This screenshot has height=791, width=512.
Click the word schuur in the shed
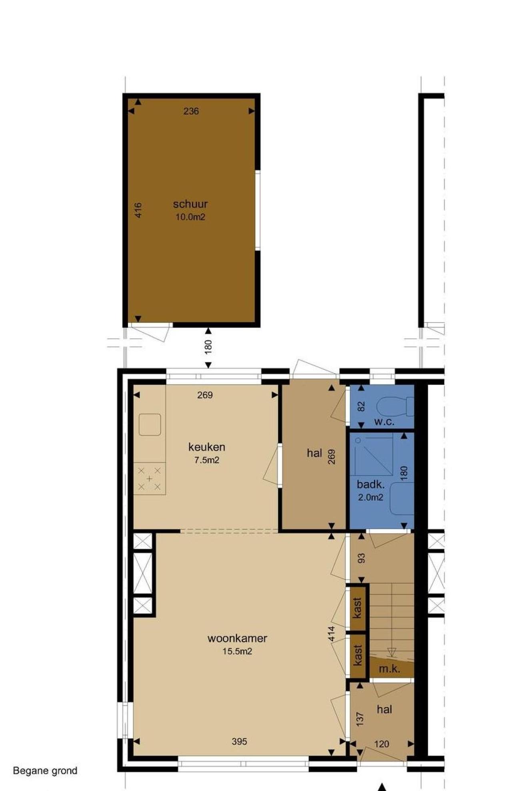tap(190, 204)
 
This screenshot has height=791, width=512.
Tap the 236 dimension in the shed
tap(191, 111)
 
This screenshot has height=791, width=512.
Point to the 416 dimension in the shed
tap(138, 210)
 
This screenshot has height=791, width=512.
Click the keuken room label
tap(207, 446)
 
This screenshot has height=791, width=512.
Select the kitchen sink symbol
tap(150, 424)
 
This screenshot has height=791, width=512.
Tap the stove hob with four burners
tap(149, 478)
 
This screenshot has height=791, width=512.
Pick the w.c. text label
tap(384, 422)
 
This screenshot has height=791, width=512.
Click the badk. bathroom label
tap(371, 485)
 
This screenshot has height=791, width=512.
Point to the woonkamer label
tap(237, 638)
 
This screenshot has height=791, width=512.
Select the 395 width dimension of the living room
tap(239, 741)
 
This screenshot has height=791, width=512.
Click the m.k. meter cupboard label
tap(390, 669)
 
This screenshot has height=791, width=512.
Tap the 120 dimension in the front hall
tap(382, 744)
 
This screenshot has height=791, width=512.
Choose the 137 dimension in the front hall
tap(360, 719)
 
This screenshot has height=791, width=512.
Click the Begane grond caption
tap(45, 771)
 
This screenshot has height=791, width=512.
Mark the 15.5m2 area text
tap(237, 651)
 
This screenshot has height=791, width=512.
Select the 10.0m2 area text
tap(190, 217)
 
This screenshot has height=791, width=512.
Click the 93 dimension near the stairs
tap(362, 558)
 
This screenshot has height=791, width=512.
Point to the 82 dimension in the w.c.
tap(361, 406)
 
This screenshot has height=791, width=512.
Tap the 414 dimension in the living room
tap(331, 634)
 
